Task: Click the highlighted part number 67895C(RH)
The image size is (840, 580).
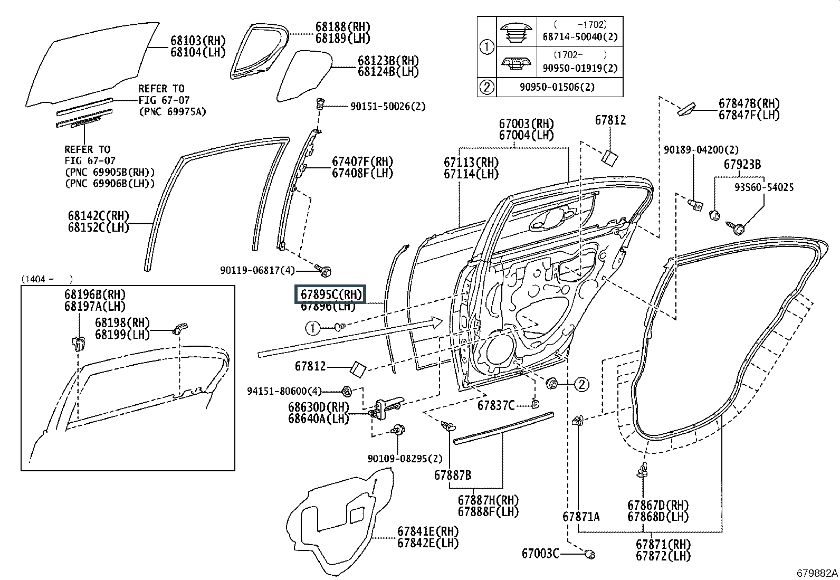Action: pyautogui.click(x=331, y=294)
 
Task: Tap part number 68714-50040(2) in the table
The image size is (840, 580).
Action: pyautogui.click(x=580, y=37)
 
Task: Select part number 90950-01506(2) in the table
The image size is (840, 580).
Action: pyautogui.click(x=557, y=87)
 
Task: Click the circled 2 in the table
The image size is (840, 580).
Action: pyautogui.click(x=487, y=87)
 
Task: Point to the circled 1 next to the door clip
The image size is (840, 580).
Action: pyautogui.click(x=312, y=328)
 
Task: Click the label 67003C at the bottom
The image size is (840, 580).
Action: pyautogui.click(x=540, y=554)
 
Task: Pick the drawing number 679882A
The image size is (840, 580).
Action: pyautogui.click(x=817, y=573)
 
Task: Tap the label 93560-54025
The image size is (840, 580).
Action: pyautogui.click(x=764, y=187)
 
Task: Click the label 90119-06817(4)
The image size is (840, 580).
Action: pyautogui.click(x=257, y=270)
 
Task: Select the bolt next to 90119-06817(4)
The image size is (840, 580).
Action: pyautogui.click(x=324, y=270)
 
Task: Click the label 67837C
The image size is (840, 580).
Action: pyautogui.click(x=496, y=405)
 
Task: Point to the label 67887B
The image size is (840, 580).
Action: pyautogui.click(x=453, y=476)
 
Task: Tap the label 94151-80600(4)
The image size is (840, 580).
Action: pyautogui.click(x=284, y=391)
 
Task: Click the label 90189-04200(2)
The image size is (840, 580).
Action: pyautogui.click(x=701, y=150)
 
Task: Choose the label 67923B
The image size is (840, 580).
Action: pyautogui.click(x=742, y=164)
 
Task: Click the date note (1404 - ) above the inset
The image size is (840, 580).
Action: pyautogui.click(x=47, y=279)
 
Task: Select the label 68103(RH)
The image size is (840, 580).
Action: pyautogui.click(x=198, y=41)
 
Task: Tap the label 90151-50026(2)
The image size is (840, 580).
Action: pyautogui.click(x=388, y=106)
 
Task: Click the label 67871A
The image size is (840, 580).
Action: pyautogui.click(x=581, y=517)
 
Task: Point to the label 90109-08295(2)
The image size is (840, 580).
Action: pyautogui.click(x=405, y=459)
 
